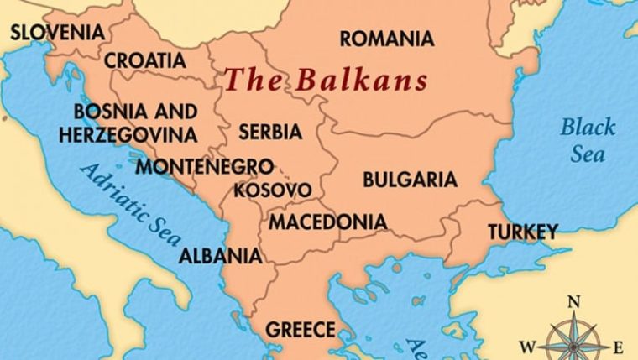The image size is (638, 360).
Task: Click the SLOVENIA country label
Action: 57,33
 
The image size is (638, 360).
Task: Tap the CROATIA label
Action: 145,60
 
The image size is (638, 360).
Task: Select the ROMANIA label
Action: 387,39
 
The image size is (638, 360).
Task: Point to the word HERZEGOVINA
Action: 128,134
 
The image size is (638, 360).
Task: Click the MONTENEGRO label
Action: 204,165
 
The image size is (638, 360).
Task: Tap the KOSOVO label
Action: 272,190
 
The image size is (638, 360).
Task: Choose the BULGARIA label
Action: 410,180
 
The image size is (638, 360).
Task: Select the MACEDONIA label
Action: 327,222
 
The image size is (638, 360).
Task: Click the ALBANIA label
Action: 220,255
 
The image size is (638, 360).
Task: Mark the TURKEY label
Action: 523,232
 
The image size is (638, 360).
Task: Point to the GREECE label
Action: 300,329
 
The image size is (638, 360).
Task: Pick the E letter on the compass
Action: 619,346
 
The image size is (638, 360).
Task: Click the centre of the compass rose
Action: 574,343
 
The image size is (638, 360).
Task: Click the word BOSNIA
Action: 104,112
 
